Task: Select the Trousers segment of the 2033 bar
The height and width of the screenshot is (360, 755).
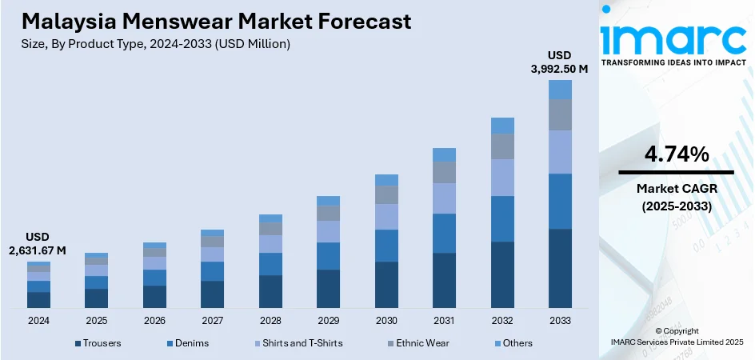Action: tap(560, 268)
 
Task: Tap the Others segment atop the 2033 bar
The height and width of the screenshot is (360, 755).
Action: tap(560, 90)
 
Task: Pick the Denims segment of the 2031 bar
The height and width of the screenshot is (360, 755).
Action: tap(444, 233)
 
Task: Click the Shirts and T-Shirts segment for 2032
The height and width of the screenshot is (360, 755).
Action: tap(502, 177)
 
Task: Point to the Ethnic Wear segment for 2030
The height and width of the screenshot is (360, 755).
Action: tap(386, 194)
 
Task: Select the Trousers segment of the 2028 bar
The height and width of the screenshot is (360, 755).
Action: tap(270, 291)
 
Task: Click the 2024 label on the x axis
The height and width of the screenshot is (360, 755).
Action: tap(38, 320)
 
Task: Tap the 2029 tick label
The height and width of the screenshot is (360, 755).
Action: tap(328, 320)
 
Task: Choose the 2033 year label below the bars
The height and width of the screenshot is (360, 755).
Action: tap(560, 320)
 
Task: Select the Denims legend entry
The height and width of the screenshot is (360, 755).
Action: tap(188, 343)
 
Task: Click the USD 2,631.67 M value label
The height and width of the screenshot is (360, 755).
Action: tap(38, 244)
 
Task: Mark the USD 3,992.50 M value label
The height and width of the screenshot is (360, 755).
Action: tap(560, 62)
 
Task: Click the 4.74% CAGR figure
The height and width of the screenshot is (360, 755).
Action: tap(676, 155)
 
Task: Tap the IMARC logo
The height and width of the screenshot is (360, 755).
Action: tap(676, 38)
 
